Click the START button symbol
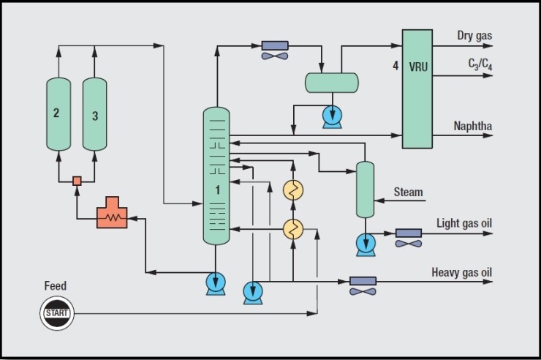(x=57, y=313)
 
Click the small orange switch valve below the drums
(x=76, y=180)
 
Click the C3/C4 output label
(x=480, y=64)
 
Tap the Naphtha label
(x=473, y=126)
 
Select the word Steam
(x=408, y=192)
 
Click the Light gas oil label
(x=464, y=222)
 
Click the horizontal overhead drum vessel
(x=332, y=83)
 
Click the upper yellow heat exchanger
(x=293, y=190)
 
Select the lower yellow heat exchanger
(x=293, y=229)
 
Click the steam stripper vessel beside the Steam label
(x=365, y=189)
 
